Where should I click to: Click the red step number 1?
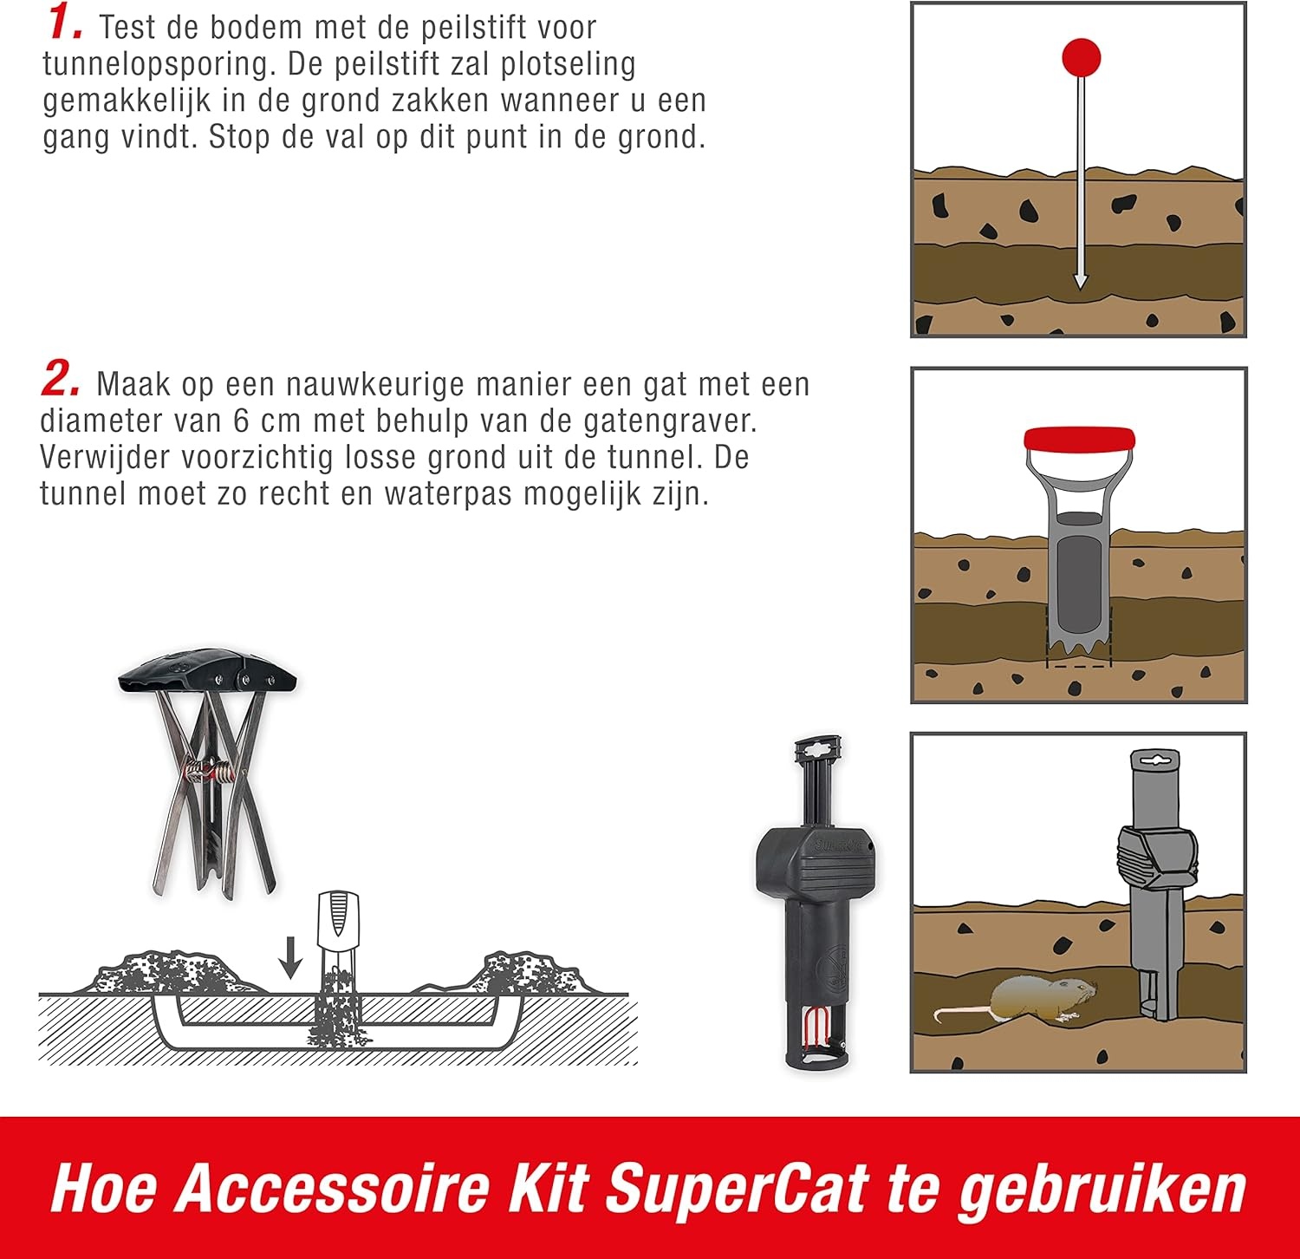pos(64,23)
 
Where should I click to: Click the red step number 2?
pos(61,380)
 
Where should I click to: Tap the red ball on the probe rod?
pos(1081,57)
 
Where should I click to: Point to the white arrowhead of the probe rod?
pos(1080,281)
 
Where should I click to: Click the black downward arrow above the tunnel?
pos(291,956)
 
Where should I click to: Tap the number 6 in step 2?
pos(243,421)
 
